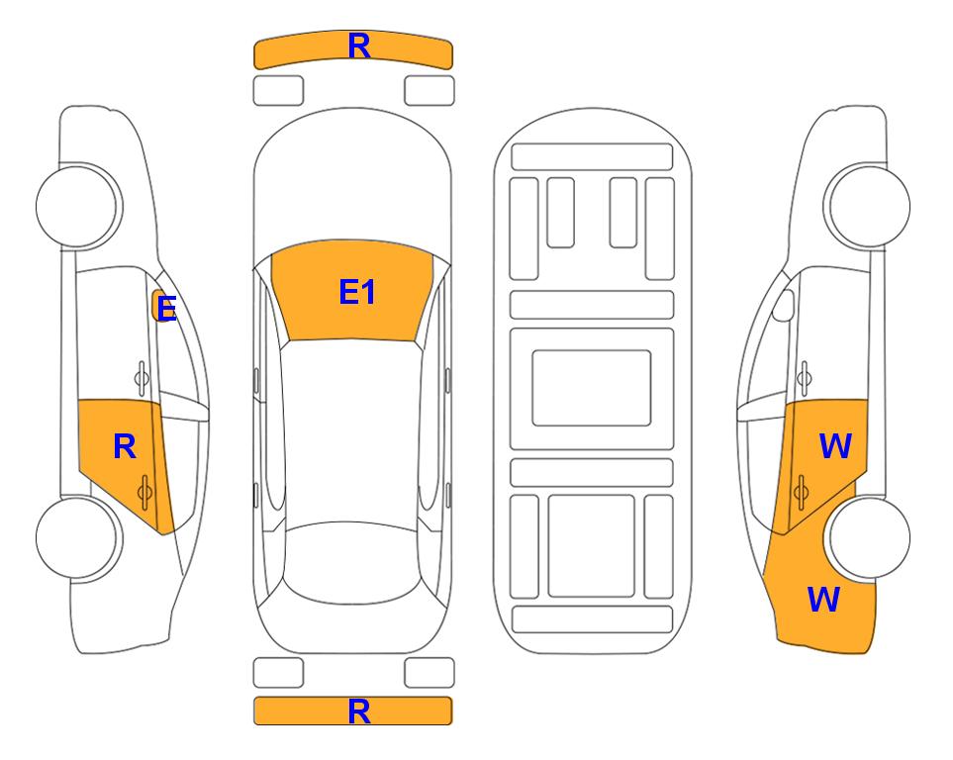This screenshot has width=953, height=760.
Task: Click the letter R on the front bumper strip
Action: click(x=359, y=47)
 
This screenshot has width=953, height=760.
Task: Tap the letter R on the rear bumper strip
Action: click(x=359, y=712)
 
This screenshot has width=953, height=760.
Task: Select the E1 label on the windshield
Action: click(x=357, y=292)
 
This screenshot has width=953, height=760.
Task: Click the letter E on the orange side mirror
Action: click(x=166, y=309)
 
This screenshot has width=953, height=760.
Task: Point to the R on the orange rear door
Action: click(x=125, y=447)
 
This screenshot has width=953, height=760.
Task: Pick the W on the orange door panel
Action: click(x=835, y=446)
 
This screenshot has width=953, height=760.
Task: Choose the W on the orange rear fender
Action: click(x=823, y=600)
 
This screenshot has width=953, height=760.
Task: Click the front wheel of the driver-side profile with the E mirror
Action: click(x=77, y=206)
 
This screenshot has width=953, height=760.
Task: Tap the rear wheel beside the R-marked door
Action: click(x=77, y=537)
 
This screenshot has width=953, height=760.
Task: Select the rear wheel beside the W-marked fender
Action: click(x=869, y=537)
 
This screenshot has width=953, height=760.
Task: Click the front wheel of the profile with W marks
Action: click(x=869, y=206)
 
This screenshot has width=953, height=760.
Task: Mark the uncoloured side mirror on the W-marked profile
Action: click(x=784, y=305)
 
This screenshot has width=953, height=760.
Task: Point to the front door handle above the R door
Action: click(x=142, y=378)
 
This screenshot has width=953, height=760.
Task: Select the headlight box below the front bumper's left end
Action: click(x=278, y=91)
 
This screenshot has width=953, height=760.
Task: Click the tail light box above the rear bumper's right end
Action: click(x=429, y=673)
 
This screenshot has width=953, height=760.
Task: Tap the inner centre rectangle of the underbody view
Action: click(x=592, y=388)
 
